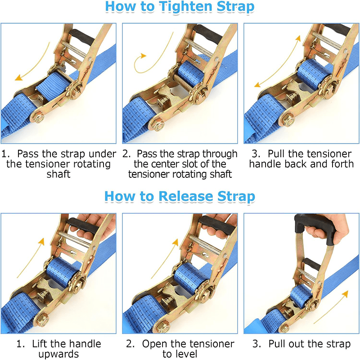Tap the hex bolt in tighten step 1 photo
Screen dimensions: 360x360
[39, 118]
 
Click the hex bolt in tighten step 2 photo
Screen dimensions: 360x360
[158, 126]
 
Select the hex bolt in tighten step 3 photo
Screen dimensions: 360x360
[288, 121]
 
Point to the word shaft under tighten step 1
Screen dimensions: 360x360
[58, 174]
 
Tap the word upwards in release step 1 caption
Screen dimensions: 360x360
[58, 354]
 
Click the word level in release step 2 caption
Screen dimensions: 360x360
[186, 354]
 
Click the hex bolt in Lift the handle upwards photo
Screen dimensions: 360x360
[42, 320]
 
